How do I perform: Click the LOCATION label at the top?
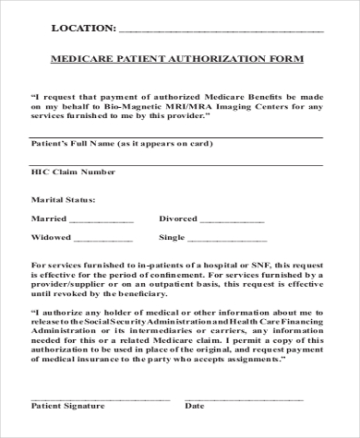(82, 29)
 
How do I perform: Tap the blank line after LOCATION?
(222, 31)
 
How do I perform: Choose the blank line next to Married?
(102, 221)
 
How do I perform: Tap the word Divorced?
(178, 219)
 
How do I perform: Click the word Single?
(173, 237)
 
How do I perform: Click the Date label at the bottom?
(195, 406)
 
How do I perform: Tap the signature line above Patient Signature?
(101, 398)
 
